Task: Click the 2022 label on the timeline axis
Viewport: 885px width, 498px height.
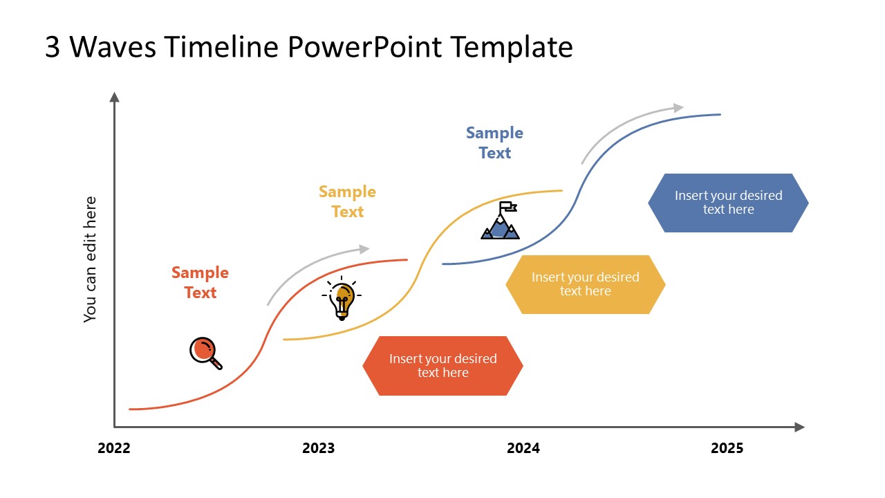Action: coord(114,448)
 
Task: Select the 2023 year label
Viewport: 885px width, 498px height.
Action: coord(318,448)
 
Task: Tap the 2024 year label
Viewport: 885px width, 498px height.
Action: coord(523,448)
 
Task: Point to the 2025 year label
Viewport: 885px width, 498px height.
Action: coord(727,448)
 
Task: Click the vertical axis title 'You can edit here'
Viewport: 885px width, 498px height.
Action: coord(90,259)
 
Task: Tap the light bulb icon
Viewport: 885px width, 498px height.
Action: coord(342,298)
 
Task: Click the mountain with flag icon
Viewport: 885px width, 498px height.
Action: coord(501,221)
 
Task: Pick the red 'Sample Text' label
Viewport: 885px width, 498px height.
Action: coord(200,282)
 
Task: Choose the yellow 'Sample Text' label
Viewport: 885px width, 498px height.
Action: coord(347,201)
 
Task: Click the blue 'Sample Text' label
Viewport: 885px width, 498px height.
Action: coord(494,142)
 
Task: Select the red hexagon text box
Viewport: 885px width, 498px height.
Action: coord(442,366)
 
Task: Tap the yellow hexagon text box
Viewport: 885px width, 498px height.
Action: coord(585,284)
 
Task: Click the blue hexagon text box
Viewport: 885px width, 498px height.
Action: coord(728,203)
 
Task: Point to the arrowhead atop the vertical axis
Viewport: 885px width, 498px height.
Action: coord(115,97)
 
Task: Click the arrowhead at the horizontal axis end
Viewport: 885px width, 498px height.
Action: coord(799,427)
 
